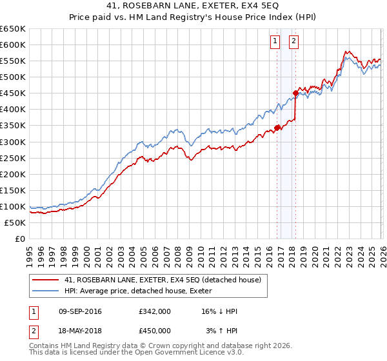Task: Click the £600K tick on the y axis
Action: coord(13,44)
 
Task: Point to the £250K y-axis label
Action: coord(13,158)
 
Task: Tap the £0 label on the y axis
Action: coord(19,239)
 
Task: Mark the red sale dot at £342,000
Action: coord(277,128)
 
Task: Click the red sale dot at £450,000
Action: coord(296,93)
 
